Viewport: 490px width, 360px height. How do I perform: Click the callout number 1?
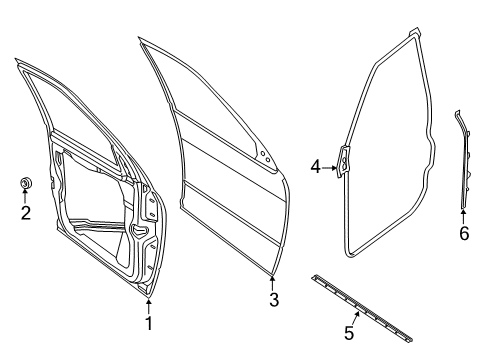pos(148,323)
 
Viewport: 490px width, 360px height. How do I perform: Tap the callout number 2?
pos(27,212)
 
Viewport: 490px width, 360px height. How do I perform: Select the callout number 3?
pos(273,300)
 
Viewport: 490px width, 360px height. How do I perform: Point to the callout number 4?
pos(314,167)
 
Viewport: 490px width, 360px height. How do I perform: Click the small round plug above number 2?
pos(27,182)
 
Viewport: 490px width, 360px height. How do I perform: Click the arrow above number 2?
pos(27,196)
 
